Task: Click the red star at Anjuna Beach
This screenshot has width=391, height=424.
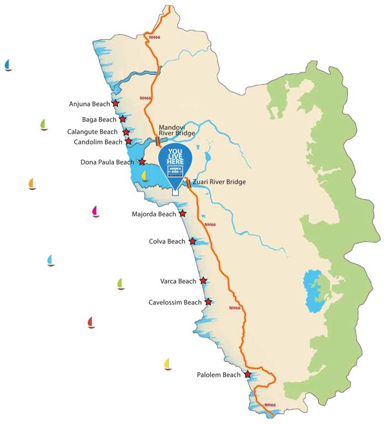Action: (x=115, y=103)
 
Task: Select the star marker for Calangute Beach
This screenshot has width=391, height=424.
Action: (x=126, y=132)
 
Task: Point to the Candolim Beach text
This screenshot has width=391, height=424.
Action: (x=98, y=142)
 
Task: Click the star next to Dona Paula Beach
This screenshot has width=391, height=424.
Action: (x=142, y=162)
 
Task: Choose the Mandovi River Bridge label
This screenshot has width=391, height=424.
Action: (x=177, y=130)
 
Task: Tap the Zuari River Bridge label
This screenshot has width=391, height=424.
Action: (x=219, y=182)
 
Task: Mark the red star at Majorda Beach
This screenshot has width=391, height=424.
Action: (x=182, y=214)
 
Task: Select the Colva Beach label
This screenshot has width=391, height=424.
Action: (x=167, y=241)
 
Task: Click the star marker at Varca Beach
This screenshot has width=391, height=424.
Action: (x=203, y=281)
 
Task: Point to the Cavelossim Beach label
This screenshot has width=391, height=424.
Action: (x=175, y=302)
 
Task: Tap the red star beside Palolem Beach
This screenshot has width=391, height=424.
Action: (x=247, y=375)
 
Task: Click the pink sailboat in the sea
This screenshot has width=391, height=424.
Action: (x=96, y=211)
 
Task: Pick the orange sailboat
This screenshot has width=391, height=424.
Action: (x=32, y=184)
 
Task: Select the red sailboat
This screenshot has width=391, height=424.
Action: (x=91, y=322)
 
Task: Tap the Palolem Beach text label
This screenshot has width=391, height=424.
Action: (x=218, y=375)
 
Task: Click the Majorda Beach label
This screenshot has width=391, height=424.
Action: (x=154, y=214)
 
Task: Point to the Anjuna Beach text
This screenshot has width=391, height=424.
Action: (x=89, y=104)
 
